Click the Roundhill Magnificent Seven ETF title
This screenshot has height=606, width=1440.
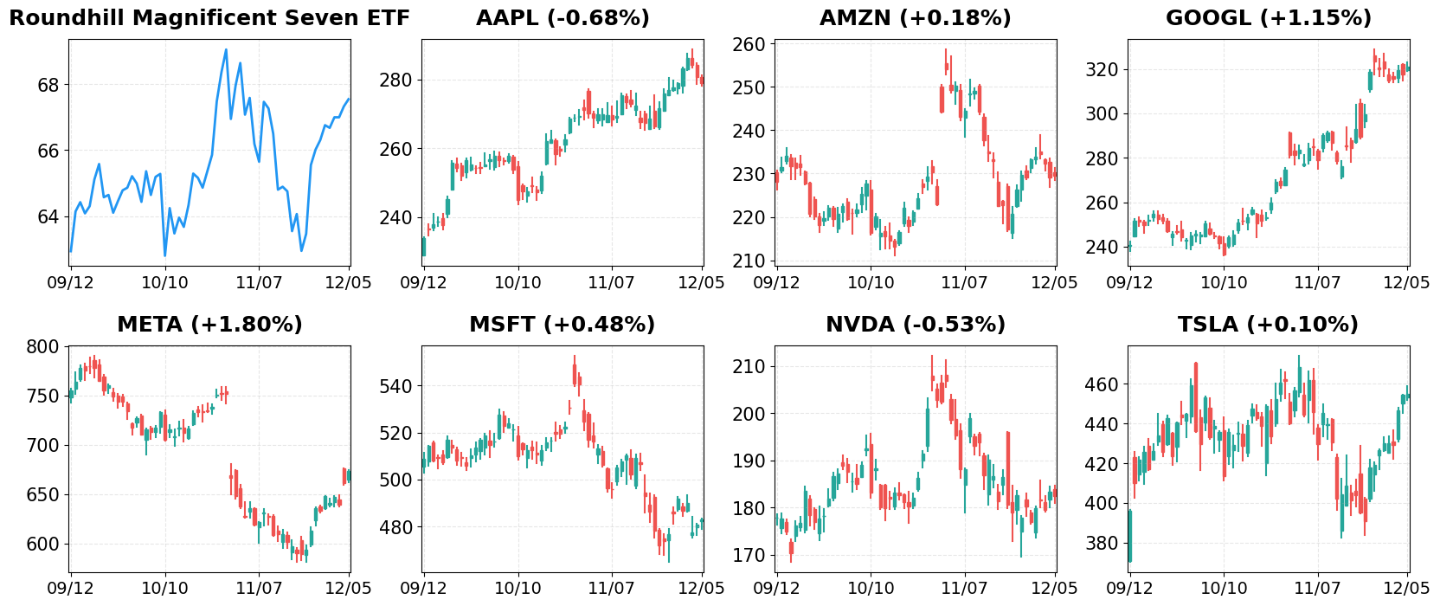pyautogui.click(x=209, y=18)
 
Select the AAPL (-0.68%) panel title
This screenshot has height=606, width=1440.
pyautogui.click(x=562, y=18)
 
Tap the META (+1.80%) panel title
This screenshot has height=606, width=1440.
pyautogui.click(x=209, y=325)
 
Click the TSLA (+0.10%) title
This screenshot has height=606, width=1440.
pyautogui.click(x=1268, y=325)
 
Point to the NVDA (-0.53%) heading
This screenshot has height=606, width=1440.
pyautogui.click(x=915, y=325)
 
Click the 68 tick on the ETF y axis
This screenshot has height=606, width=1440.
pyautogui.click(x=48, y=85)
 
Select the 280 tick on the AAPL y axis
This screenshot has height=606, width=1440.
pyautogui.click(x=395, y=81)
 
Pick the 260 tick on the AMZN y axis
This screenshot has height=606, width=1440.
pyautogui.click(x=749, y=44)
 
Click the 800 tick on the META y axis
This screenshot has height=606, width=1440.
pyautogui.click(x=43, y=347)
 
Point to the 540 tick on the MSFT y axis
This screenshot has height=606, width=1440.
pyautogui.click(x=395, y=386)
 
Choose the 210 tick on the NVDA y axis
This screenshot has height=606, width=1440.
pyautogui.click(x=749, y=367)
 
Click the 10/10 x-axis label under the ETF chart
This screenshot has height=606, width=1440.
pyautogui.click(x=164, y=282)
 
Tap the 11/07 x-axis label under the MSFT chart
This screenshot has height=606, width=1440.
pyautogui.click(x=611, y=589)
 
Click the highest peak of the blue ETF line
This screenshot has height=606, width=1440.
pyautogui.click(x=226, y=49)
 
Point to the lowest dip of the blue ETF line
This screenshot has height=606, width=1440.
pyautogui.click(x=164, y=255)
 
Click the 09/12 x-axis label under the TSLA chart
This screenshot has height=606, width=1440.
pyautogui.click(x=1129, y=589)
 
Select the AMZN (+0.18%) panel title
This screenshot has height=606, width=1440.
pyautogui.click(x=915, y=18)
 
